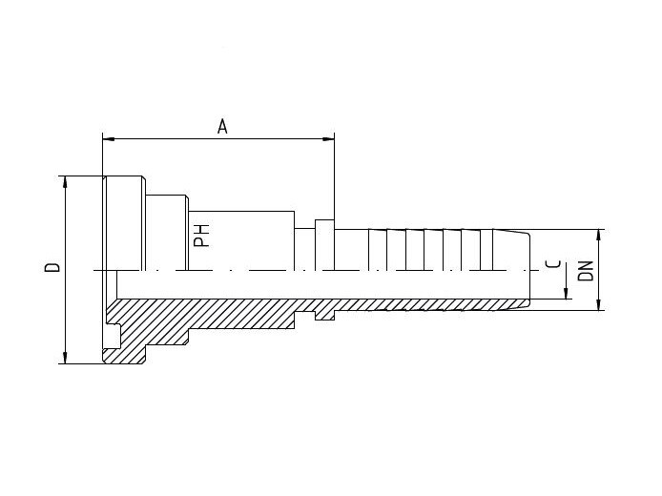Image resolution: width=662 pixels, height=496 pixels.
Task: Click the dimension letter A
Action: [x=222, y=126]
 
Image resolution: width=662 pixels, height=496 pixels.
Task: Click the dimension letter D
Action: [x=52, y=267]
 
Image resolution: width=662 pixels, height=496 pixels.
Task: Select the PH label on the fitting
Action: [x=201, y=236]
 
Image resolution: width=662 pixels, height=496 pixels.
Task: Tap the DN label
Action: [x=586, y=271]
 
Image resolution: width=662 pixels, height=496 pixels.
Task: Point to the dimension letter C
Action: [x=553, y=264]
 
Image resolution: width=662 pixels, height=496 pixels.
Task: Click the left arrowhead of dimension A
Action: [x=109, y=138]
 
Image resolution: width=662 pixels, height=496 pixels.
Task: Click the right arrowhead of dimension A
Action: [x=328, y=138]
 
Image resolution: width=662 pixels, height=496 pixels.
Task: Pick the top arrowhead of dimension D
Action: [x=65, y=182]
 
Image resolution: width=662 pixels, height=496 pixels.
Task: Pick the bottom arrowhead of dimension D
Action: [x=65, y=357]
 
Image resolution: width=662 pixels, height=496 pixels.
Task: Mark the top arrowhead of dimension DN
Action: [x=598, y=236]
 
